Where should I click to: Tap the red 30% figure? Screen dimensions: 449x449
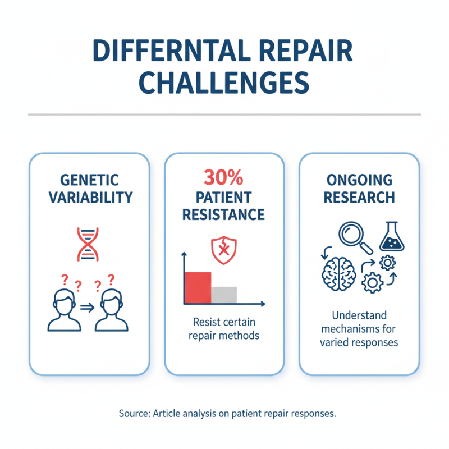[224, 179]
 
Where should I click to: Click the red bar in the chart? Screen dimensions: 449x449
[198, 288]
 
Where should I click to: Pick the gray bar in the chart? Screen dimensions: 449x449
[224, 295]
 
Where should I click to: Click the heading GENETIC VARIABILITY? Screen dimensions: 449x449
[90, 189]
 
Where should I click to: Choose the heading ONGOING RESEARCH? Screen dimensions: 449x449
[359, 189]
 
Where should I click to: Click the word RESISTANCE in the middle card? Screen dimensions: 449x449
[224, 214]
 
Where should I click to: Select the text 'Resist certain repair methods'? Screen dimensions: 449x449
[224, 329]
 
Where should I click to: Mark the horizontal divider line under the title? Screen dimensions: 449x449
[224, 115]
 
